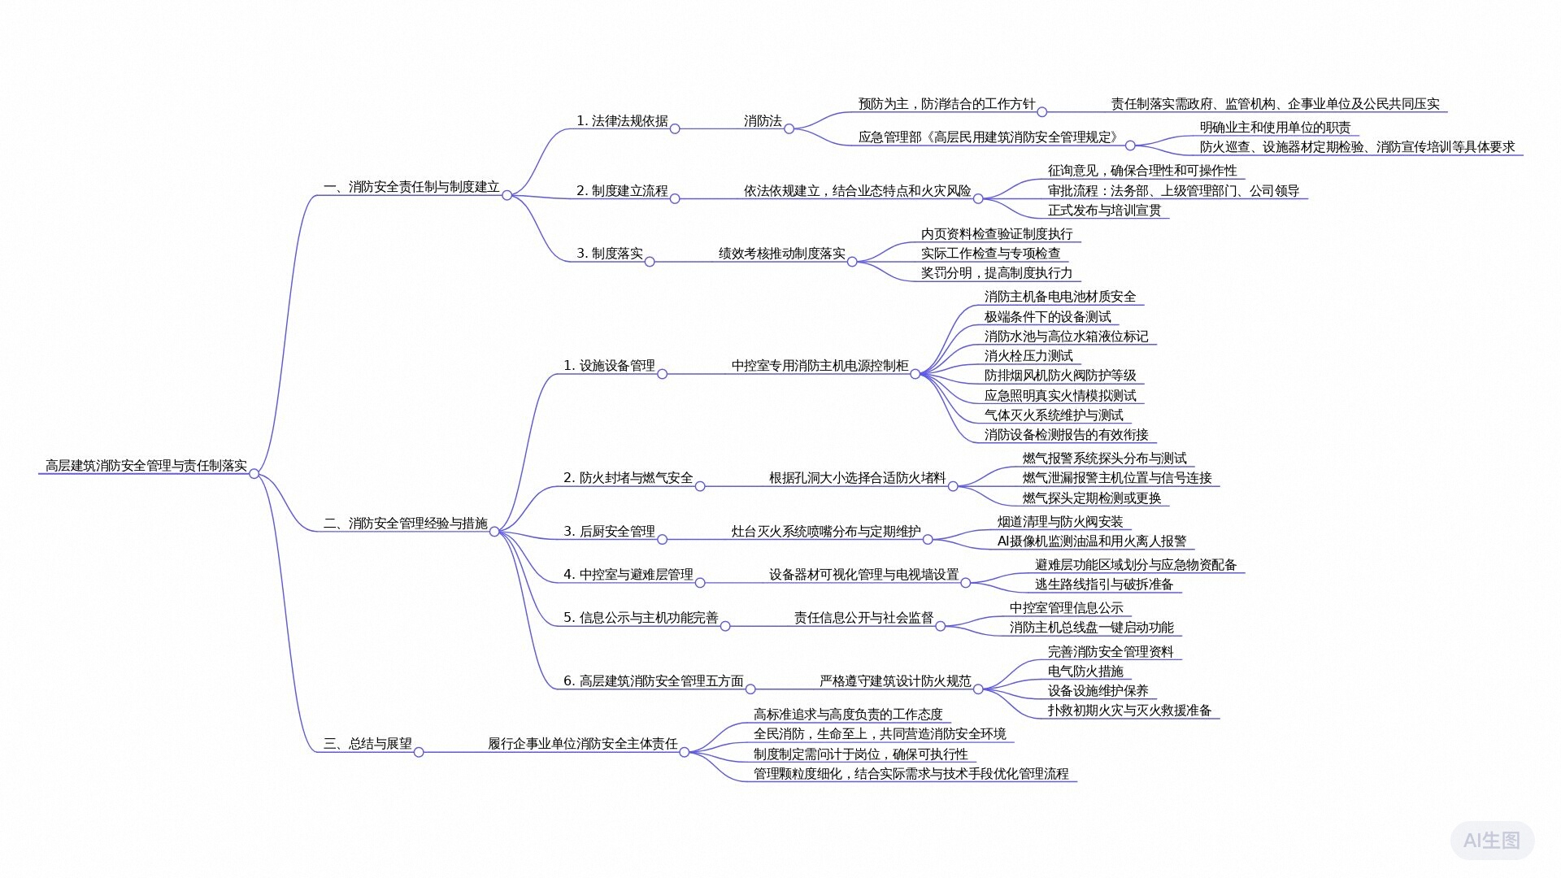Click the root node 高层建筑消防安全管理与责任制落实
(146, 466)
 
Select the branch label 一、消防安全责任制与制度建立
(411, 187)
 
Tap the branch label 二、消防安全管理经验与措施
(406, 524)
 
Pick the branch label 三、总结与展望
(367, 744)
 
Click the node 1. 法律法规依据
(622, 121)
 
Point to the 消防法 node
(763, 121)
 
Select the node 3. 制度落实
(610, 254)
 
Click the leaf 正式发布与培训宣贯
(1104, 211)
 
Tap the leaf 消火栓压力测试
(1028, 356)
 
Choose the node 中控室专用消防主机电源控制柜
(820, 366)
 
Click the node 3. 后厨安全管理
(609, 532)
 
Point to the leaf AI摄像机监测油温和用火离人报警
(1091, 541)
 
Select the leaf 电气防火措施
(1085, 672)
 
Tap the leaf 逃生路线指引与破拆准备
(1103, 585)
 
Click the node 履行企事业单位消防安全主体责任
(582, 744)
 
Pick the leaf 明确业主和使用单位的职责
(1275, 128)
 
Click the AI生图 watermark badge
(1492, 840)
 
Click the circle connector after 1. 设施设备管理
(662, 374)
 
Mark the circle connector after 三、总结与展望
(419, 752)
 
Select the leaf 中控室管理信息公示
(1066, 608)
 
